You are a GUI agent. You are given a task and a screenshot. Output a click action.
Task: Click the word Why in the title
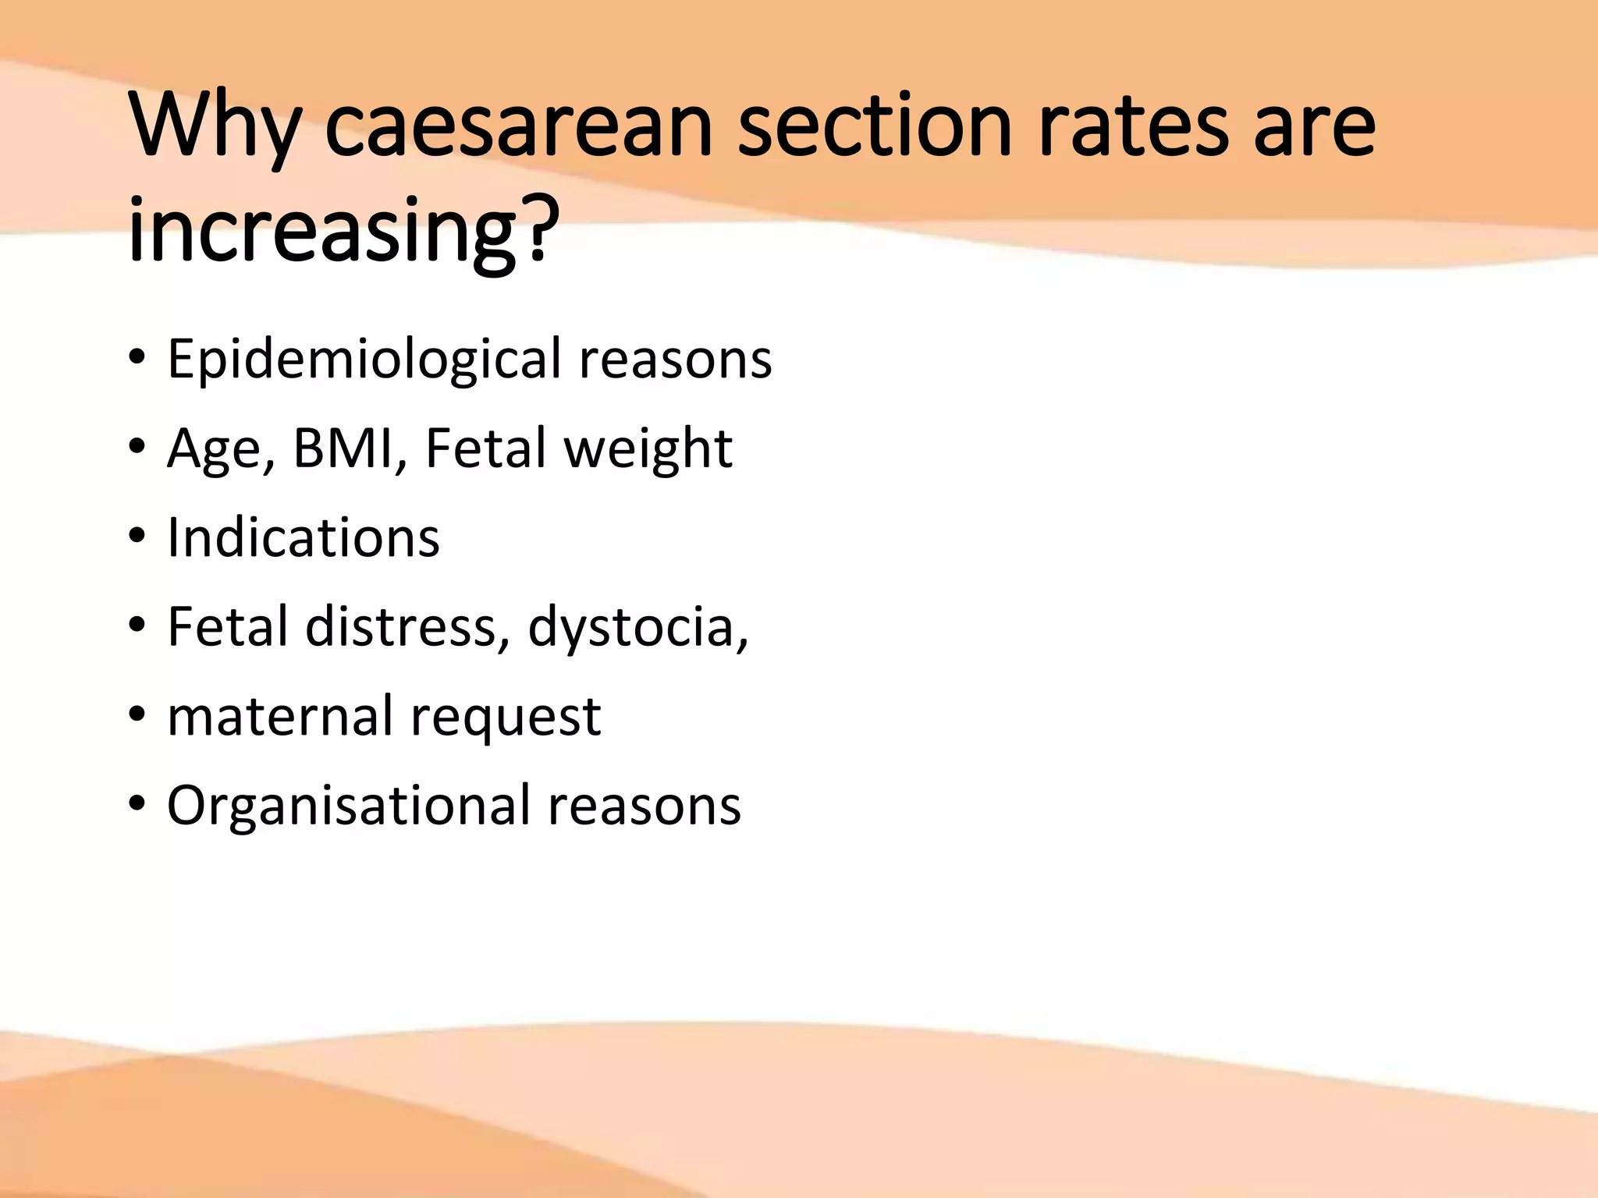click(215, 126)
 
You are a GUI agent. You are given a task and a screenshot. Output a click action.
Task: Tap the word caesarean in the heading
click(518, 126)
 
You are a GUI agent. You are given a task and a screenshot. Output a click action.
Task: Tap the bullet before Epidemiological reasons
click(137, 359)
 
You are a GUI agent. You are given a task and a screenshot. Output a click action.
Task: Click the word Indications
click(304, 537)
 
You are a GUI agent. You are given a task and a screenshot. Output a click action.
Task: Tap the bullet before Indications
click(137, 537)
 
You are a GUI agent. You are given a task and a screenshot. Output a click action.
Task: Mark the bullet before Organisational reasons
click(137, 805)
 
